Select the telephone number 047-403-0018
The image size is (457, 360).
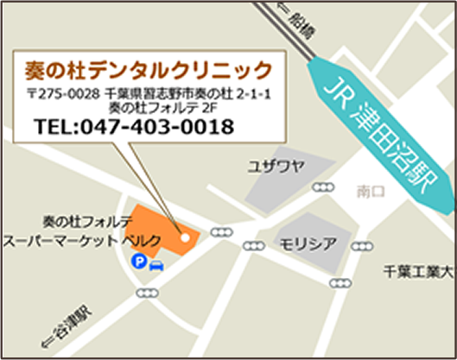point(156,127)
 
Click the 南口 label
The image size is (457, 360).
point(371,193)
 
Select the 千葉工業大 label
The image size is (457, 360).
point(418,271)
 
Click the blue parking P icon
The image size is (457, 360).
point(137,261)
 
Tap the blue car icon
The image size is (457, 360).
point(156,262)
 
